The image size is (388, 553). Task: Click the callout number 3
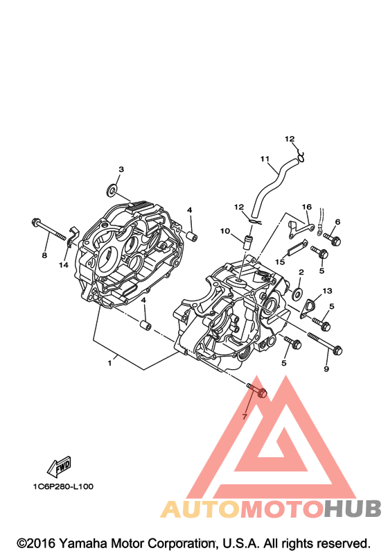[121, 169]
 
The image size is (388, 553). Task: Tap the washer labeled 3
[112, 190]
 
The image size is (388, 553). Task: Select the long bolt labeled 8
[48, 229]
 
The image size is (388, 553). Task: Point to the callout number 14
[63, 264]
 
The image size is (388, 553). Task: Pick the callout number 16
[307, 207]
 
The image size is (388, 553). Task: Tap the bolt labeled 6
[332, 239]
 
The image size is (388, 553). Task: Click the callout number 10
[225, 231]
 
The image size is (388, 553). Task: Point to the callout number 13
[327, 291]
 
